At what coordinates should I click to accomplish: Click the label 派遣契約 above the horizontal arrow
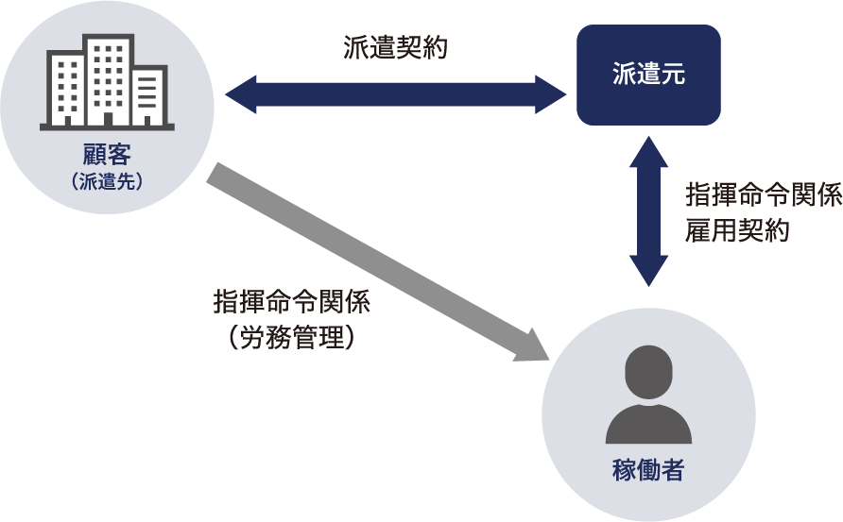[x=394, y=49]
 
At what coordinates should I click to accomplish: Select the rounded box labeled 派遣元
[x=648, y=76]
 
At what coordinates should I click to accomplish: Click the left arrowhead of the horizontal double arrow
[x=240, y=95]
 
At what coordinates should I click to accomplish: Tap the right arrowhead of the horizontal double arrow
[x=552, y=95]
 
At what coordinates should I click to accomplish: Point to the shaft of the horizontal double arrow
[x=395, y=95]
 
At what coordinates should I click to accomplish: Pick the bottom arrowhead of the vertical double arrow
[x=648, y=274]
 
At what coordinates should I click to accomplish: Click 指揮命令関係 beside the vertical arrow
[x=763, y=195]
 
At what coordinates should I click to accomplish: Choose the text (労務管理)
[x=292, y=337]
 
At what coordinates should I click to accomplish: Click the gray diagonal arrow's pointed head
[x=532, y=347]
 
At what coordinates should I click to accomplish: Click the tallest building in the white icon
[x=107, y=79]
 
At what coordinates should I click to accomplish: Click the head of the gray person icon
[x=648, y=372]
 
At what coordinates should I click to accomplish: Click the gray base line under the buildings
[x=107, y=126]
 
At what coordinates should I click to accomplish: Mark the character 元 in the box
[x=673, y=76]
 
